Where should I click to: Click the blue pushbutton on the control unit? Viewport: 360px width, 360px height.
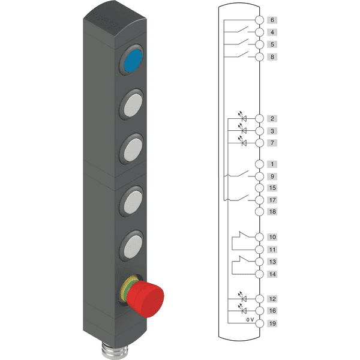tap(133, 61)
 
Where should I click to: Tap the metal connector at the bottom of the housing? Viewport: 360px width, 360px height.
tap(115, 350)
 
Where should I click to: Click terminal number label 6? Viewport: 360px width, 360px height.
tap(272, 20)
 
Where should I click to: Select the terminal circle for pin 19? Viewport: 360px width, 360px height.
tap(259, 323)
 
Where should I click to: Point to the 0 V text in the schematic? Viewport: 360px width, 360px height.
tap(250, 319)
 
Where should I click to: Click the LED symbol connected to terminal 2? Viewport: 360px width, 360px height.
tap(242, 116)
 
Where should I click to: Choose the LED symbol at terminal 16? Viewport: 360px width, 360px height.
tap(242, 309)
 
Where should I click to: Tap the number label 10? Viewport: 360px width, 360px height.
tap(272, 237)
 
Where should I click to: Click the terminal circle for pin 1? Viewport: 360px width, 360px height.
tap(259, 164)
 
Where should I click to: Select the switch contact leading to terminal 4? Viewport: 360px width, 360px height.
tap(243, 29)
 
